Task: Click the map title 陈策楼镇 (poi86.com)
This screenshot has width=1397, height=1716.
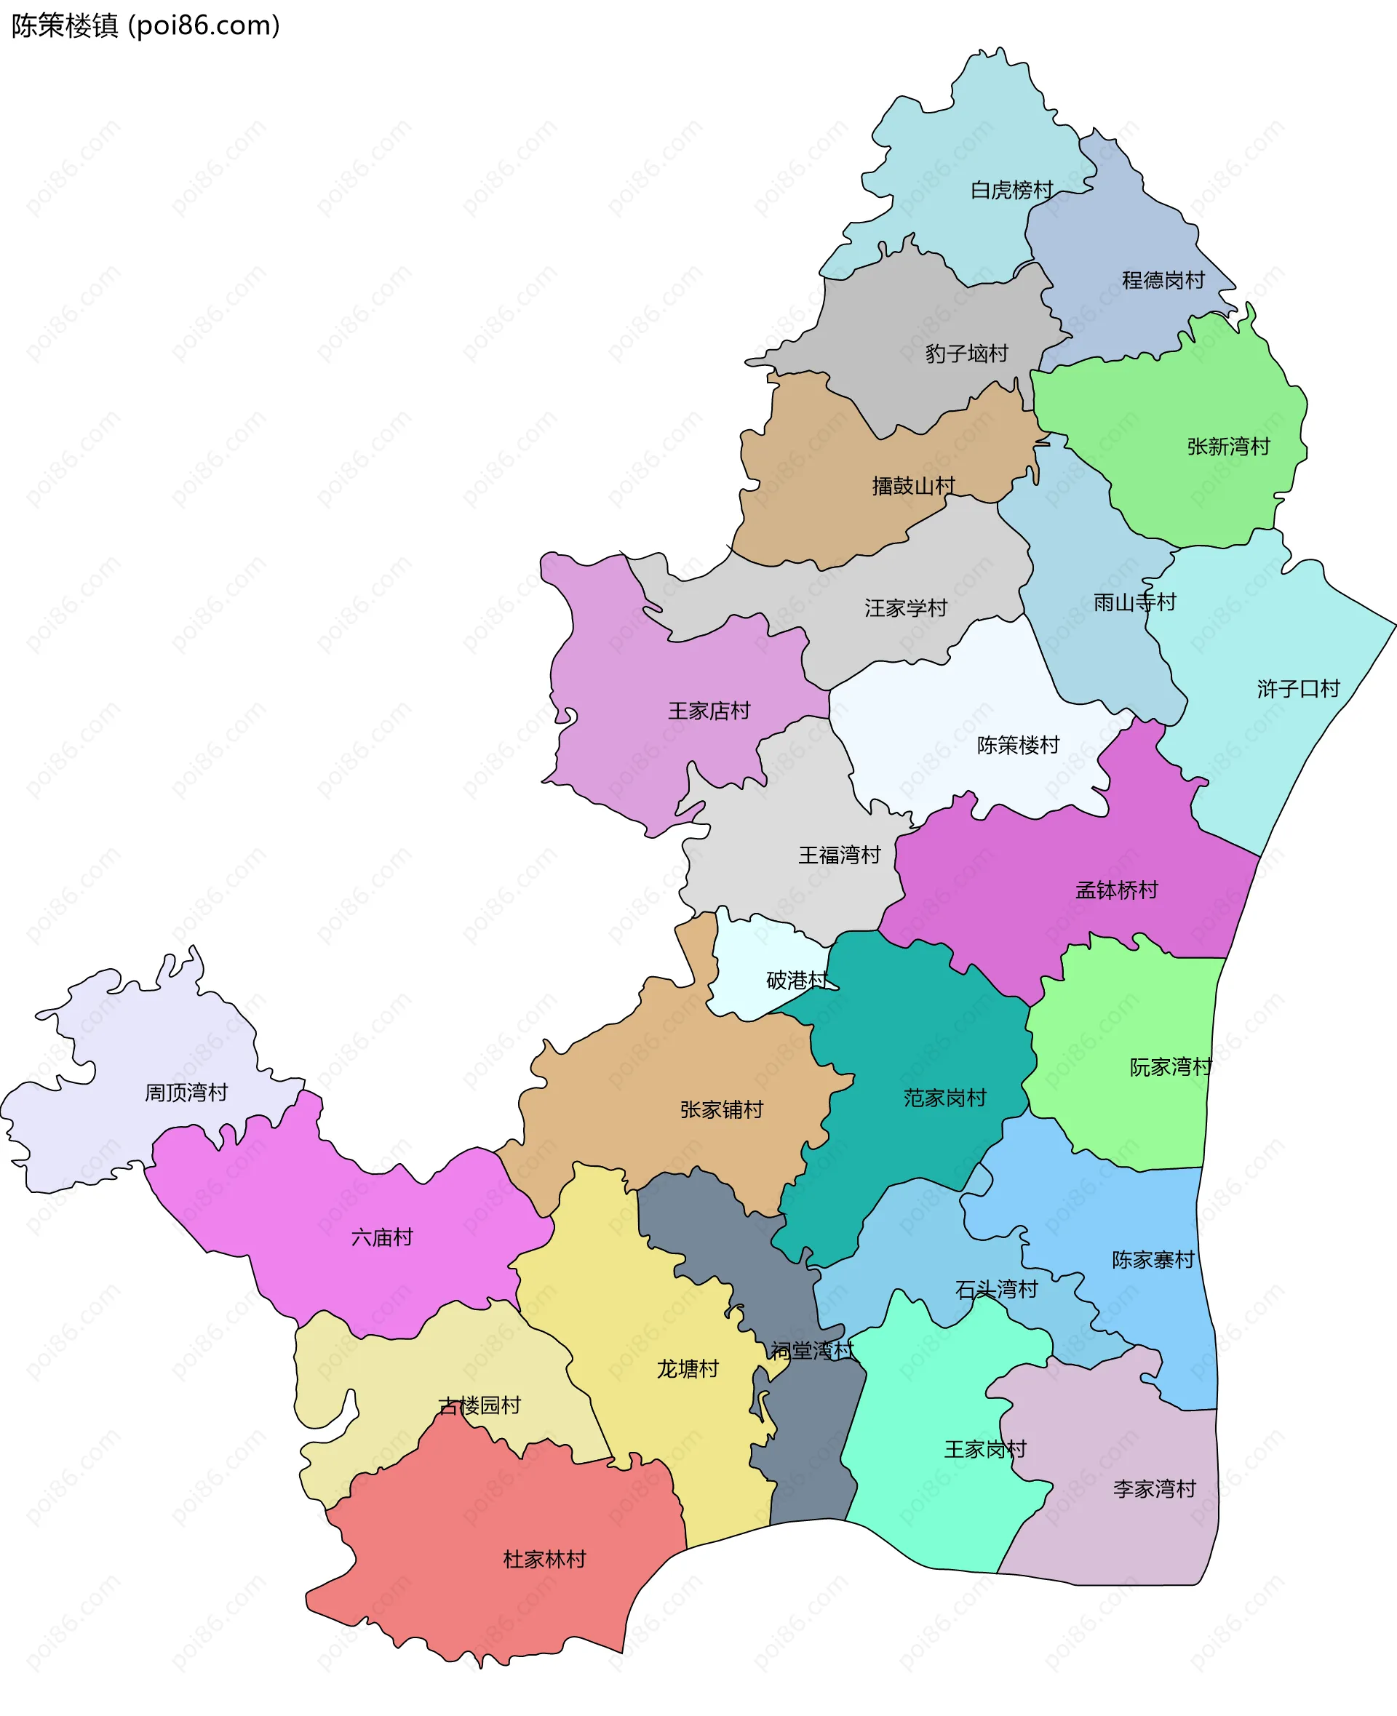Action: click(x=146, y=25)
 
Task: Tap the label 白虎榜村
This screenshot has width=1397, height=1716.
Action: click(x=1011, y=190)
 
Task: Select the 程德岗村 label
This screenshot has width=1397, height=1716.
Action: click(x=1163, y=280)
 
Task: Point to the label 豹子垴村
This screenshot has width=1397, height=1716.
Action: click(x=966, y=354)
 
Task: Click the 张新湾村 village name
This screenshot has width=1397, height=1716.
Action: click(x=1228, y=447)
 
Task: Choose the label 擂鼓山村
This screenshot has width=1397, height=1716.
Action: click(x=913, y=486)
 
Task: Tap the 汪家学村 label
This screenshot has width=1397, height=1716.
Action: click(x=905, y=608)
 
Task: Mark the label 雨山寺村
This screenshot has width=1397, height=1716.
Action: click(x=1134, y=602)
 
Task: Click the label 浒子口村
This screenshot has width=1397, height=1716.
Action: click(x=1298, y=689)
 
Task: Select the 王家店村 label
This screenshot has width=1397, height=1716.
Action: click(x=709, y=711)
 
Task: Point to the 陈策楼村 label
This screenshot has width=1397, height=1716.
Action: click(x=1018, y=745)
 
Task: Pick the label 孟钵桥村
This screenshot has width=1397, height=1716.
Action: click(x=1116, y=890)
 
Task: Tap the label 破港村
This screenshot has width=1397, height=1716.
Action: click(x=797, y=980)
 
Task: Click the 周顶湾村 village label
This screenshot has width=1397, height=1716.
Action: click(x=186, y=1093)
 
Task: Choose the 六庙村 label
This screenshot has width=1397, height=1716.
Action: click(x=381, y=1237)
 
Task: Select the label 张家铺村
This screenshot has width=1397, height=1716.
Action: click(x=721, y=1110)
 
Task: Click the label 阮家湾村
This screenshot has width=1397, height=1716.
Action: click(x=1171, y=1068)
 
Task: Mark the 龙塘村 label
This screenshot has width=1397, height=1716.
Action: click(x=688, y=1369)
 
